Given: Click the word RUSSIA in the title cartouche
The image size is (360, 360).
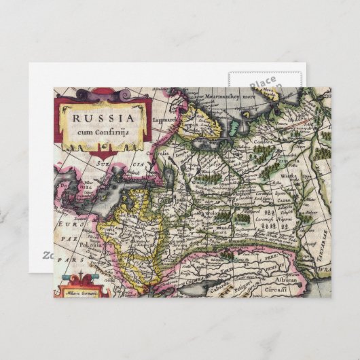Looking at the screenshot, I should [102, 115].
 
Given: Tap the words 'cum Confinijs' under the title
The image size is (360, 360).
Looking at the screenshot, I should [102, 131].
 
